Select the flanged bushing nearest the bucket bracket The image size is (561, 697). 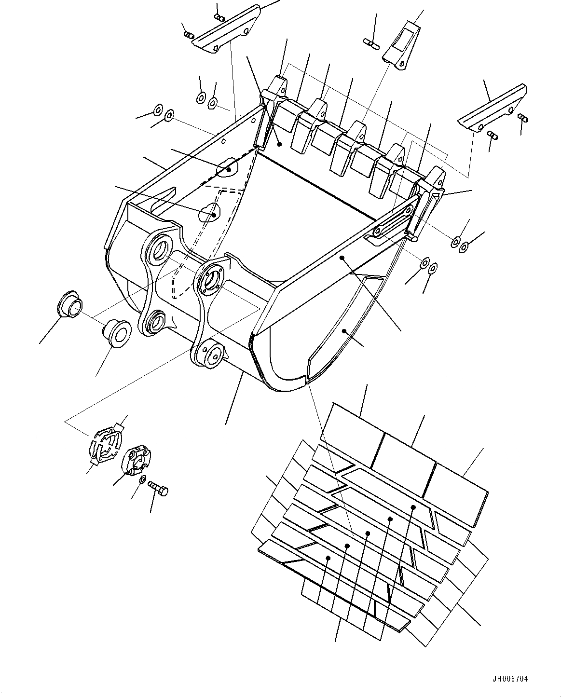pos(117,332)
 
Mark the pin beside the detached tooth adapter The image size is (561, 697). pos(373,44)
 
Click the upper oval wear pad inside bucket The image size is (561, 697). pos(226,167)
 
